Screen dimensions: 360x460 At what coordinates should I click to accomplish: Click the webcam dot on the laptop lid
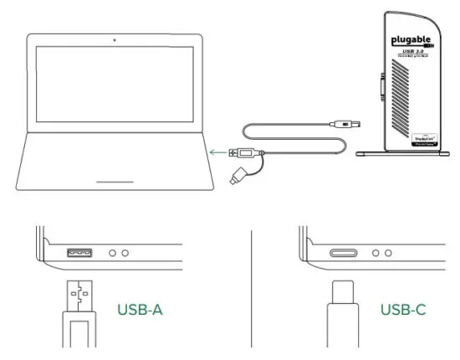(114, 41)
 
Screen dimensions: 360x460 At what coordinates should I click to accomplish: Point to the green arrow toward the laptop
(220, 152)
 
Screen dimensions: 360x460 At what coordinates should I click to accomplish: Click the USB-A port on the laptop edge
(80, 252)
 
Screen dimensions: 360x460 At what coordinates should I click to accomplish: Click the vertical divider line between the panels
(252, 285)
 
